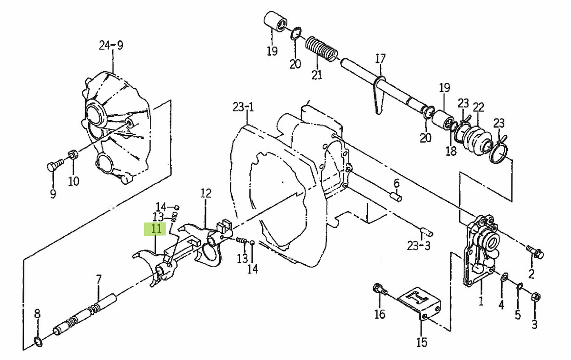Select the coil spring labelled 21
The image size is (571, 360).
321,49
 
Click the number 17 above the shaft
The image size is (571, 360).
380,59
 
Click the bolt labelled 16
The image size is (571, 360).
379,289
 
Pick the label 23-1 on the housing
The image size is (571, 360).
243,107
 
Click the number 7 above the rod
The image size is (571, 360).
98,279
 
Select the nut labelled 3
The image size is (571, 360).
534,297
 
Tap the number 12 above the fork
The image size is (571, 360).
206,194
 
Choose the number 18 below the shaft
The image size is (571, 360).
451,151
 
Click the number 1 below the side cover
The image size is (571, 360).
481,301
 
